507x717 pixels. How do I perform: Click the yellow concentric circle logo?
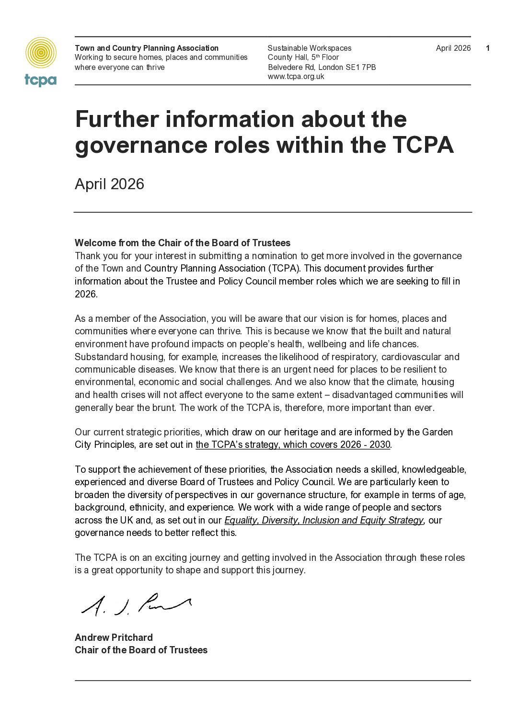[x=41, y=53]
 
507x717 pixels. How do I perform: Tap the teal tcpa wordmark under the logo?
[x=41, y=80]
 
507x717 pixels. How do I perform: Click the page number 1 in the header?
[x=488, y=48]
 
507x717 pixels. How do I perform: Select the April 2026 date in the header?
[x=453, y=48]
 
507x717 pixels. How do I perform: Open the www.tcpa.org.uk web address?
[x=296, y=77]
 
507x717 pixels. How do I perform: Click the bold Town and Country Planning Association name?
[x=147, y=48]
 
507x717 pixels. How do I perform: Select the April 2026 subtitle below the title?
[x=109, y=184]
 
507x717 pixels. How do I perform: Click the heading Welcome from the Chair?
[x=183, y=243]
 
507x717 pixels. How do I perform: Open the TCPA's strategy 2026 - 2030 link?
[x=293, y=444]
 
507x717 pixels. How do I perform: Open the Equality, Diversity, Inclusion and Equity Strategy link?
[x=324, y=520]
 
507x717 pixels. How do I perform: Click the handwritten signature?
[x=137, y=605]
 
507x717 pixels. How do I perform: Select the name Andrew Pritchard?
[x=114, y=637]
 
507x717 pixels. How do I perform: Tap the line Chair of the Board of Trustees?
[x=141, y=650]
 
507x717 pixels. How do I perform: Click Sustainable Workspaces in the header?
[x=309, y=48]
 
